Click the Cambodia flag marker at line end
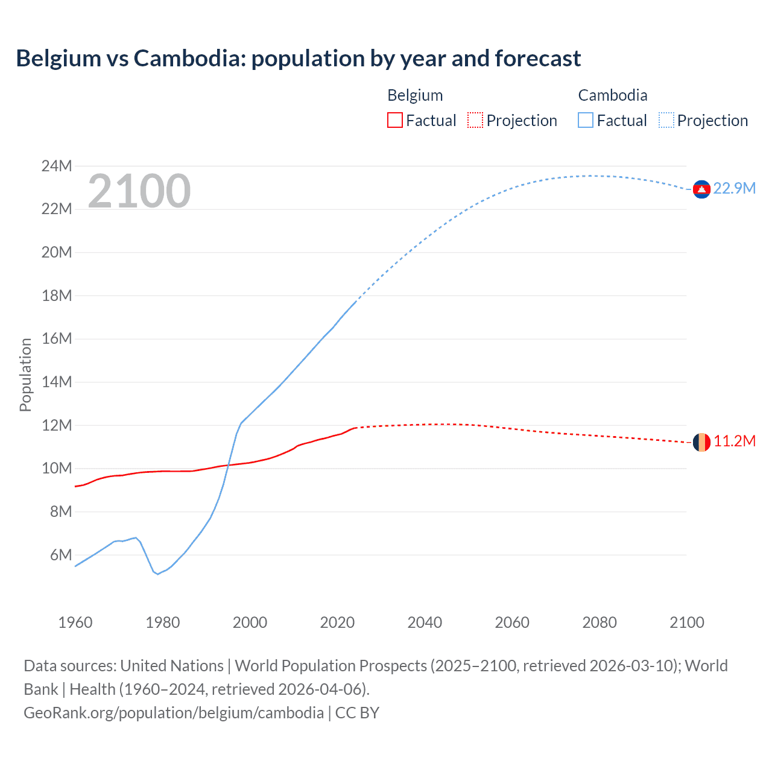tap(701, 189)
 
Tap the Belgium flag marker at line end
tap(701, 442)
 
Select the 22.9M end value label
tap(734, 189)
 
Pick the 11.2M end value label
tap(734, 441)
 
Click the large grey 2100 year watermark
tap(139, 191)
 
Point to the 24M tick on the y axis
tap(57, 166)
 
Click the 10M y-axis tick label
tap(57, 469)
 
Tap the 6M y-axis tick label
tap(60, 555)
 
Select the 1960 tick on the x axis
tap(75, 622)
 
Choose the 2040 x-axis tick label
tap(425, 622)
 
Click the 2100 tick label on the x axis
tap(686, 622)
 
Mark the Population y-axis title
tap(25, 375)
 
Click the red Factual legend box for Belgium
tap(395, 121)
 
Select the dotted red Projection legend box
tap(475, 121)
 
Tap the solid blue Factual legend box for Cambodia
tap(586, 121)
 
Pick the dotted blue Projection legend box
tap(666, 121)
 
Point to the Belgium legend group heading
tap(415, 95)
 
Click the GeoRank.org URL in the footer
tap(174, 713)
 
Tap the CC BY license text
tap(357, 713)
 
